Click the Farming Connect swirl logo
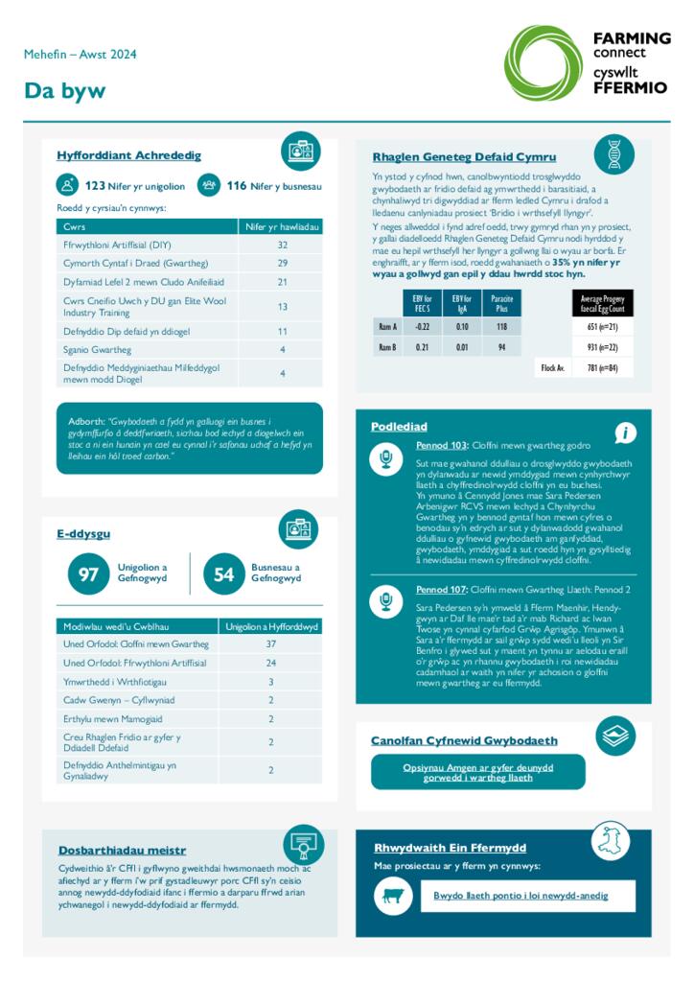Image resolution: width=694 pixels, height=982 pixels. pos(543,63)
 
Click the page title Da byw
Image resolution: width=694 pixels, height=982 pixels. pos(65,91)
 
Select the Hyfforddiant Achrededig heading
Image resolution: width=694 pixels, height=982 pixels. pos(128,154)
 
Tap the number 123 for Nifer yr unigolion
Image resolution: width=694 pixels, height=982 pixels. pos(95,186)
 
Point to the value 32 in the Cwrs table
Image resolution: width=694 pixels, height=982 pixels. pos(282,245)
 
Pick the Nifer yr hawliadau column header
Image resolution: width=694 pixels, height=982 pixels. pos(282,226)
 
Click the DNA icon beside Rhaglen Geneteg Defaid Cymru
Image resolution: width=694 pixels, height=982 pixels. pos(613,154)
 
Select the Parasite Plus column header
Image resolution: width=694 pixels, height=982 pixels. pos(501,305)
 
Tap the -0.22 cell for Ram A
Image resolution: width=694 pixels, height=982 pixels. pos(422,326)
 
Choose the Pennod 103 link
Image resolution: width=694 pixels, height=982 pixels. pos(441,446)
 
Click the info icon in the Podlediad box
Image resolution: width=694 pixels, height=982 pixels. pos(625,433)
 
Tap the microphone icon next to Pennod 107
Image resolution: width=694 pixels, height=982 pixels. pos(385,601)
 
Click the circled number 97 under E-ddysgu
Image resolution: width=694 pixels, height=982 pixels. pos(88,573)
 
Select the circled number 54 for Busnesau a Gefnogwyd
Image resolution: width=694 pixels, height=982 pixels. pos(223,573)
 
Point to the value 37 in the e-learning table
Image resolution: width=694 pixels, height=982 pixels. pos(270,643)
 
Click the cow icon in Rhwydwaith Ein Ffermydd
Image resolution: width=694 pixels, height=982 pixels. pos(392,896)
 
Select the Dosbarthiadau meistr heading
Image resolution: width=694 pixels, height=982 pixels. pos(122,850)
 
